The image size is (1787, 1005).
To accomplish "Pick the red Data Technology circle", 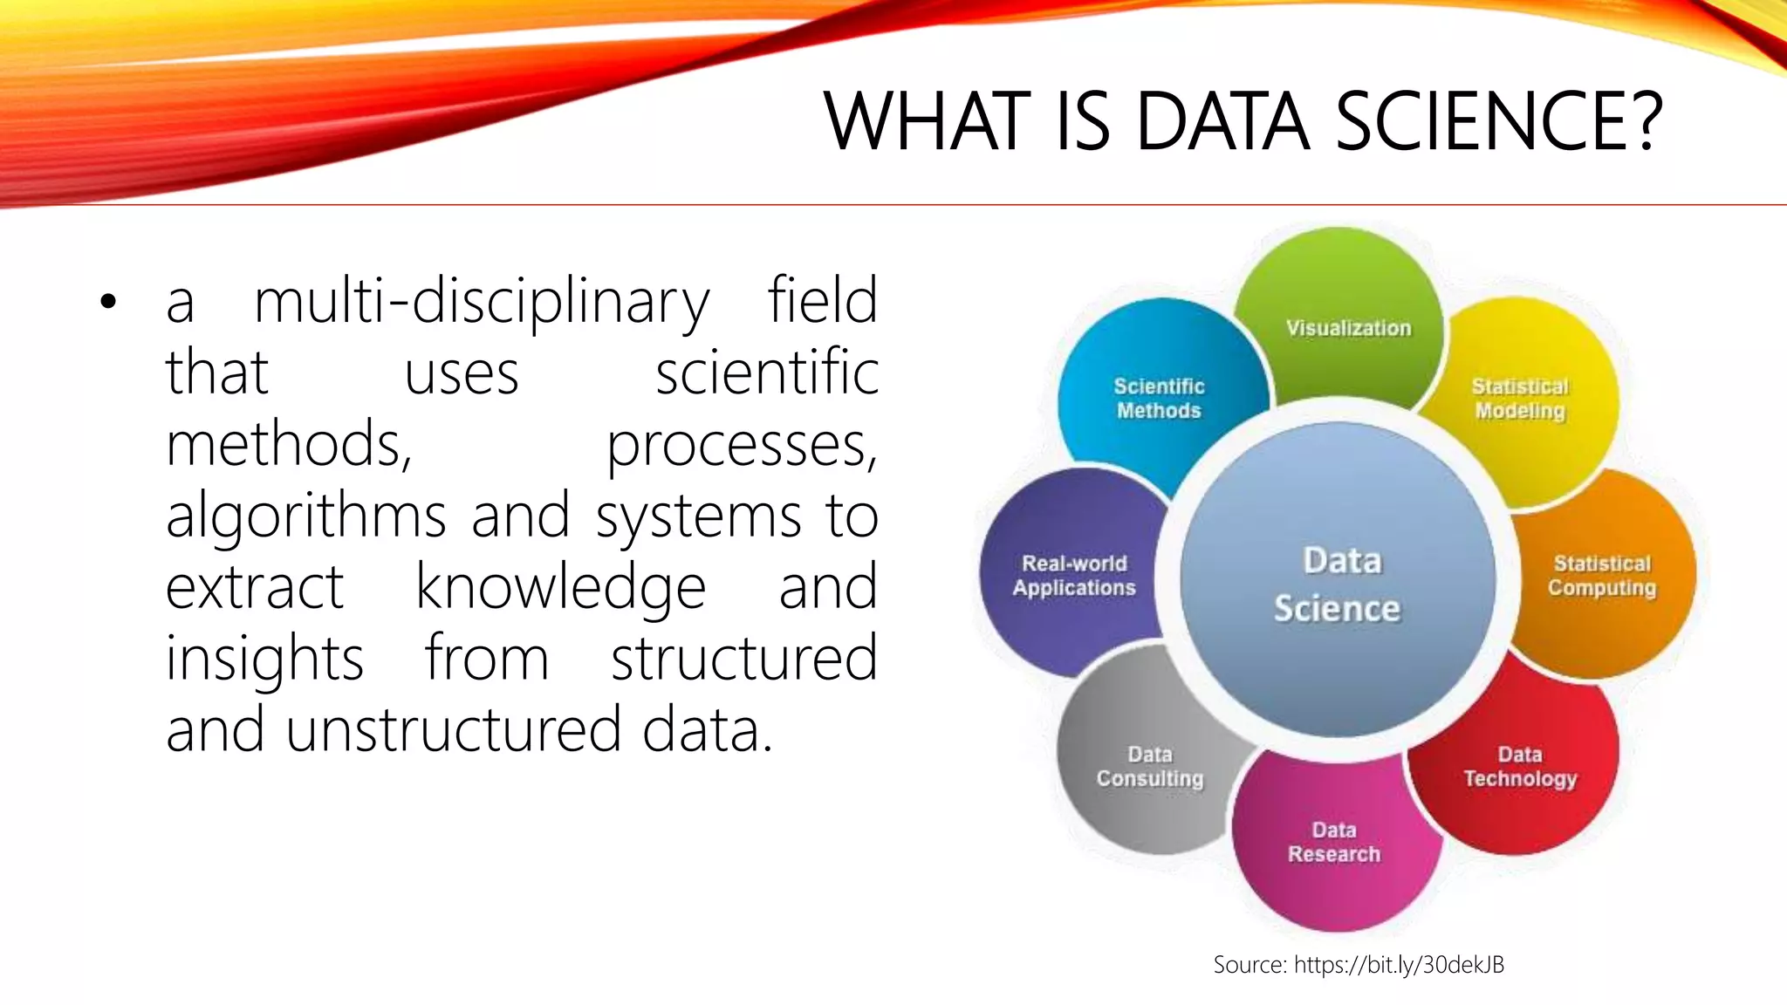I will [x=1520, y=768].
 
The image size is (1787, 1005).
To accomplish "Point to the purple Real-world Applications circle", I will [x=1073, y=576].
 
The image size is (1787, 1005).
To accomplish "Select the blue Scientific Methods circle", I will [x=1158, y=399].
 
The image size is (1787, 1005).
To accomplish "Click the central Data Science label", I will [x=1339, y=585].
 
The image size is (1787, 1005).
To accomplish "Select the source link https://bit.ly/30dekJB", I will [x=1399, y=964].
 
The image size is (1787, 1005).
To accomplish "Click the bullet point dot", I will [x=107, y=303].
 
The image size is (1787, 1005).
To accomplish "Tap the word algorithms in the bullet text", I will [x=306, y=516].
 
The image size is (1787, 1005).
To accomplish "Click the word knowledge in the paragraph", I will [x=560, y=587].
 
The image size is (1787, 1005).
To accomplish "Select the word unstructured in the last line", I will [x=453, y=730].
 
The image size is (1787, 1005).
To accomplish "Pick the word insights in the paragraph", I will [x=264, y=659].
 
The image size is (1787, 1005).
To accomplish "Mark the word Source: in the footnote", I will [x=1250, y=964].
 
